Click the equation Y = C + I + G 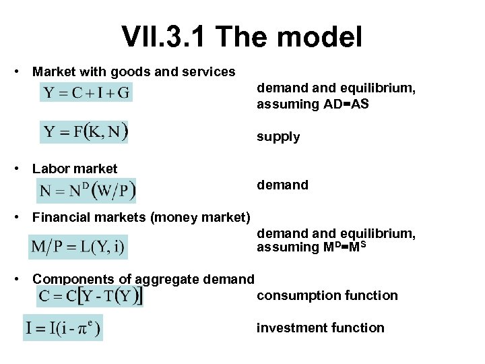pyautogui.click(x=86, y=92)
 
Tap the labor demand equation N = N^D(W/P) pyautogui.click(x=87, y=190)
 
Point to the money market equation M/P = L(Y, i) pyautogui.click(x=77, y=247)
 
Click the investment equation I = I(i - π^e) pyautogui.click(x=63, y=328)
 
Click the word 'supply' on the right pyautogui.click(x=278, y=137)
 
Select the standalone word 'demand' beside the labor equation pyautogui.click(x=282, y=185)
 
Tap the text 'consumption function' pyautogui.click(x=327, y=295)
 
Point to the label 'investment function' pyautogui.click(x=320, y=328)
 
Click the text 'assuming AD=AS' pyautogui.click(x=313, y=104)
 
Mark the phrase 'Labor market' pyautogui.click(x=74, y=169)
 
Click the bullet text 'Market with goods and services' pyautogui.click(x=133, y=71)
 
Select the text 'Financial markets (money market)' pyautogui.click(x=141, y=217)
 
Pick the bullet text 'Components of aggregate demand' pyautogui.click(x=143, y=279)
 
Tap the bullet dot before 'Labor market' pyautogui.click(x=23, y=169)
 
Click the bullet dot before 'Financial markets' pyautogui.click(x=23, y=217)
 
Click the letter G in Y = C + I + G pyautogui.click(x=123, y=92)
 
